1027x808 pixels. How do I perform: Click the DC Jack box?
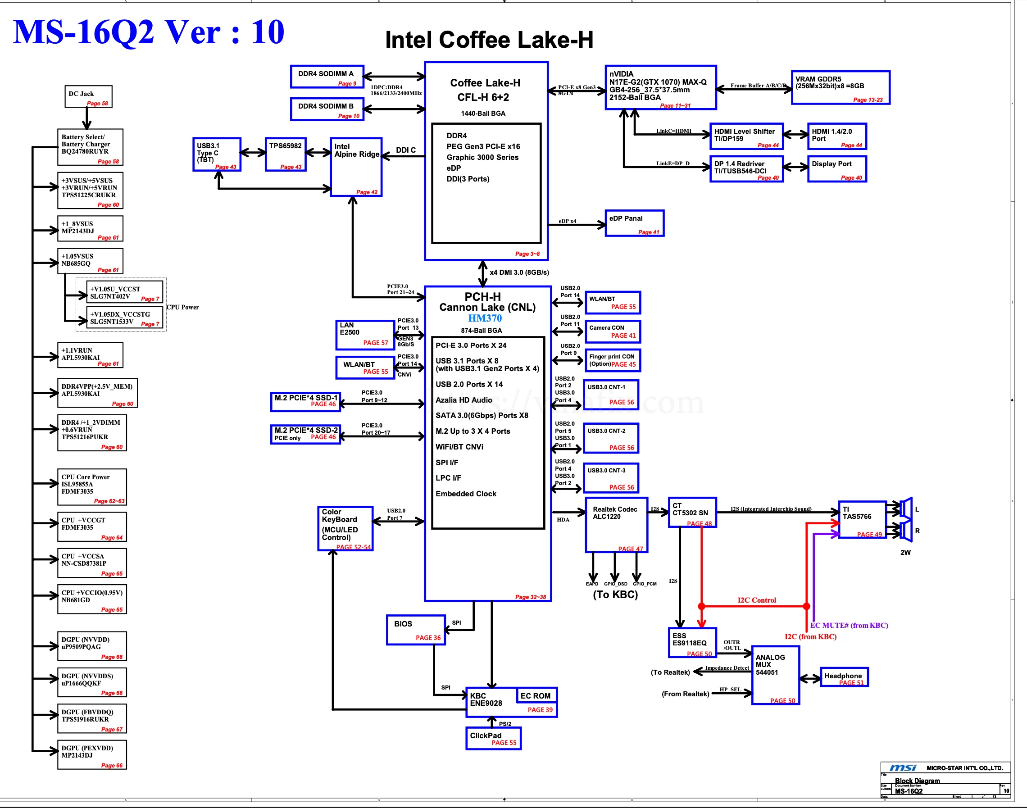88,96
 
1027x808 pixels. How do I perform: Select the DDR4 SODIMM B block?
327,109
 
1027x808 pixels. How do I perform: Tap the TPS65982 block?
286,154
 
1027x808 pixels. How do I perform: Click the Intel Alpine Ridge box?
356,167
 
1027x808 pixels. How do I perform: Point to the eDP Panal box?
634,223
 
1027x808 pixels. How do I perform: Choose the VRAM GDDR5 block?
840,87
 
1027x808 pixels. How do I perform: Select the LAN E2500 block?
365,335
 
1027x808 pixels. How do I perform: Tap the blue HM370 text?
485,318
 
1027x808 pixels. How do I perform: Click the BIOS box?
416,630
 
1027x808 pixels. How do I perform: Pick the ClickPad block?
493,738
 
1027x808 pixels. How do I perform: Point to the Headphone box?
844,677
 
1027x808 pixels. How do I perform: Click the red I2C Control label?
756,600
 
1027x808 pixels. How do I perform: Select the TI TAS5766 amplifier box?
862,519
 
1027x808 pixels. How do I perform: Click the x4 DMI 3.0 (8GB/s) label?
519,272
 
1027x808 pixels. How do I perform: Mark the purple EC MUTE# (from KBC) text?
849,626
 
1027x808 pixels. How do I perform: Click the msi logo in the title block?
902,767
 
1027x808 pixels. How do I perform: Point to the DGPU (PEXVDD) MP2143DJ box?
92,754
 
